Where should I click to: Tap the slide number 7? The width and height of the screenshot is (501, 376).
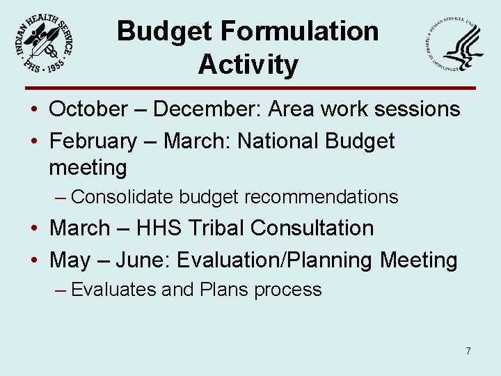[468, 351]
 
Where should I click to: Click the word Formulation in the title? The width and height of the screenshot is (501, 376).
[301, 31]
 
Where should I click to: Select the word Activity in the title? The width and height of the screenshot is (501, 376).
[248, 65]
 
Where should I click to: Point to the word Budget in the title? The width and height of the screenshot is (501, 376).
[164, 31]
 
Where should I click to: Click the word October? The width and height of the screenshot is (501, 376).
[88, 109]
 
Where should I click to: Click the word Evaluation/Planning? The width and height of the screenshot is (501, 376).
[275, 261]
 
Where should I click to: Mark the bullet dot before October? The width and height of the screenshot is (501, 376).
[34, 110]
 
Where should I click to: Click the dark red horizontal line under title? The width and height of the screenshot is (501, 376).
[250, 88]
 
